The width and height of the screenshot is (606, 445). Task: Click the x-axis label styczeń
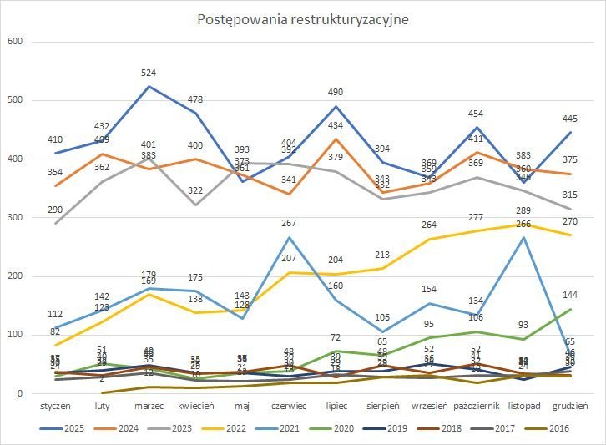(x=56, y=407)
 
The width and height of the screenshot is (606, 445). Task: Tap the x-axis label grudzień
(x=571, y=407)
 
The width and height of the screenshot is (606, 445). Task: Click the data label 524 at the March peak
(x=149, y=73)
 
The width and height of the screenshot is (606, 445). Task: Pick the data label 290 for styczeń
(x=56, y=209)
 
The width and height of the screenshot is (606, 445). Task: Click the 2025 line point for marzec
(x=149, y=87)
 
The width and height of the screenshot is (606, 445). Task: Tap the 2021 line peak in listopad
(x=523, y=238)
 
